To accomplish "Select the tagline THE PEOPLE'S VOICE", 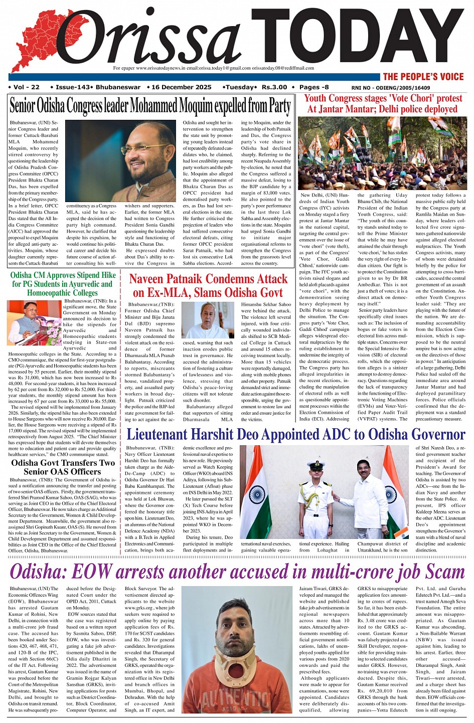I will pos(423,77).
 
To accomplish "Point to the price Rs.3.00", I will pos(274,87).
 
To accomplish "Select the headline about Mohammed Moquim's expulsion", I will pos(150,106).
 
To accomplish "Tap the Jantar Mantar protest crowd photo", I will pos(382,153).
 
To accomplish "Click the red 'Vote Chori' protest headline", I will pos(383,104).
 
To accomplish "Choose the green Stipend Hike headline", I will pos(63,284).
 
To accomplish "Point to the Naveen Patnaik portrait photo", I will pos(207,320).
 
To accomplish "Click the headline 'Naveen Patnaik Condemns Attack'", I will pos(208,285).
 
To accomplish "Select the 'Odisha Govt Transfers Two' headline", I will pos(63,467).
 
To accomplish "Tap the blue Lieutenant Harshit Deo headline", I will pos(295,434).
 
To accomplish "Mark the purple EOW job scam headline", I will pos(237,572).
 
